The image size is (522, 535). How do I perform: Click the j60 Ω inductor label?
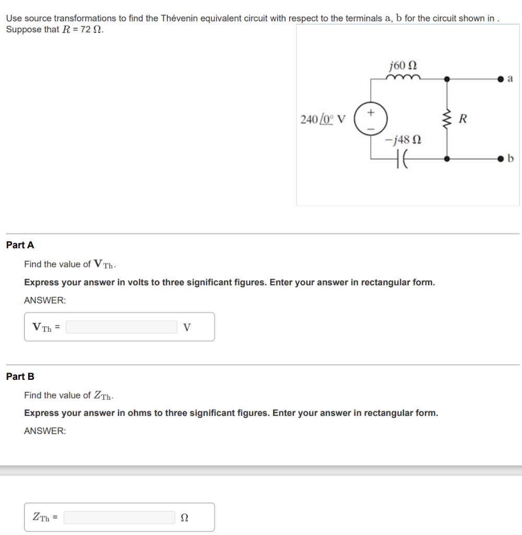tap(403, 66)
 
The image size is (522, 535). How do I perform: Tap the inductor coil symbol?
tap(401, 78)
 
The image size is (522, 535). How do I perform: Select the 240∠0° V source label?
tap(323, 119)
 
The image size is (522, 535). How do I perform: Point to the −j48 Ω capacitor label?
tap(402, 139)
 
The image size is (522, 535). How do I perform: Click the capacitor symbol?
tap(402, 157)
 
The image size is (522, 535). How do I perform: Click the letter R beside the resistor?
tap(461, 119)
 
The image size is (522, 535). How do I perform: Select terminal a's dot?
tap(501, 79)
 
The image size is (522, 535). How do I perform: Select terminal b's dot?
tap(501, 157)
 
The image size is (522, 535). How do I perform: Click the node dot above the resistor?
tap(446, 79)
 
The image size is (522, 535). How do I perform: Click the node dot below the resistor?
tap(446, 157)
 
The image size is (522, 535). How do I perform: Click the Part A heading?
tap(20, 245)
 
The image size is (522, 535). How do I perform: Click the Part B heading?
tap(20, 376)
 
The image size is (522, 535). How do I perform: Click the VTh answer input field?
tap(121, 327)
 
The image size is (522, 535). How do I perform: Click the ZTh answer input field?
tap(120, 517)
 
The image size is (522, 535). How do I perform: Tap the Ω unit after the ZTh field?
tap(184, 517)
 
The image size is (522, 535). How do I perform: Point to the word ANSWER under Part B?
tap(45, 431)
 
